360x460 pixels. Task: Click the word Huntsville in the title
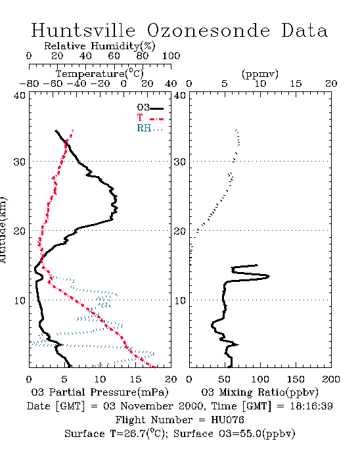point(83,30)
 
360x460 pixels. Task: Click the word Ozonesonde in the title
point(208,30)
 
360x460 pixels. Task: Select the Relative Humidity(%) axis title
point(100,46)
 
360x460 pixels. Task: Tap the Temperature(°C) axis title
point(100,74)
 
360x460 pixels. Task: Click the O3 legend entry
point(150,108)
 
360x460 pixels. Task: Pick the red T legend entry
point(150,118)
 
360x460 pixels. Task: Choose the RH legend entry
point(150,128)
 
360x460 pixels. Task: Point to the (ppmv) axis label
point(260,74)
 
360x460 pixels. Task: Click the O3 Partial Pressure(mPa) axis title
point(100,392)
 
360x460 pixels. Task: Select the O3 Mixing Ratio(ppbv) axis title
point(259,392)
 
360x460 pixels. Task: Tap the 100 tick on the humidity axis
point(171,56)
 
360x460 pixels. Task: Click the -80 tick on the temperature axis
point(29,83)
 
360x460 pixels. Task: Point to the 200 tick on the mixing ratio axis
point(331,379)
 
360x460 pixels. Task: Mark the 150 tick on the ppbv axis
point(296,379)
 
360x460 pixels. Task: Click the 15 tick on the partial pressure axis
point(135,379)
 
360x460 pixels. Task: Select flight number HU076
point(227,420)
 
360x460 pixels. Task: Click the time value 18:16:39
point(311,406)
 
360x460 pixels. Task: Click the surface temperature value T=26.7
point(129,434)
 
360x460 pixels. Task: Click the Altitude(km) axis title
point(3,230)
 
